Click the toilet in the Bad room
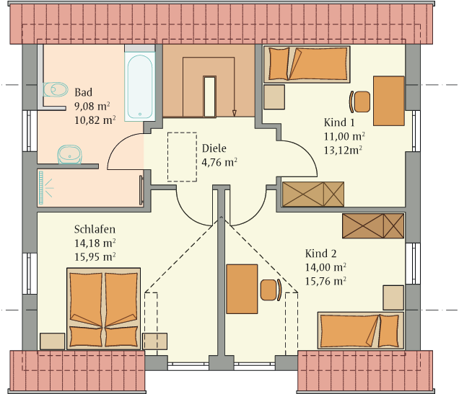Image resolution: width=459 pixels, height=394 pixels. click(x=56, y=89)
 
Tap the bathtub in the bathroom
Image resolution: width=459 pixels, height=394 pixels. click(x=139, y=86)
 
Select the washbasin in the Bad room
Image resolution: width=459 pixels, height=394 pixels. click(x=70, y=154)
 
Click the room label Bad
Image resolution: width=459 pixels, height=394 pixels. click(x=84, y=92)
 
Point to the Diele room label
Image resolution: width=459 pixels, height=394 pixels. click(x=214, y=148)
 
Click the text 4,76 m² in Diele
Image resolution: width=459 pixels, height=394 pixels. click(x=219, y=162)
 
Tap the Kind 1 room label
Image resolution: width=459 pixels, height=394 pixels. click(x=339, y=122)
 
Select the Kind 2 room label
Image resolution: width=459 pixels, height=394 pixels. click(x=321, y=254)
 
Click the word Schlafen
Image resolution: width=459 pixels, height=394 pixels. click(x=95, y=229)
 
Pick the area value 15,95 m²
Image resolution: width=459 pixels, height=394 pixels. click(x=95, y=257)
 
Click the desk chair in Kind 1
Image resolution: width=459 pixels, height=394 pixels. click(x=359, y=102)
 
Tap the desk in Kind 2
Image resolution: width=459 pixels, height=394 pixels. click(x=242, y=289)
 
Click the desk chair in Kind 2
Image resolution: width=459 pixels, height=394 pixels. click(x=271, y=290)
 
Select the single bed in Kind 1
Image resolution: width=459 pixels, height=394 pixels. click(x=307, y=64)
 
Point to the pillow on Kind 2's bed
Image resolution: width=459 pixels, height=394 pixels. click(x=389, y=331)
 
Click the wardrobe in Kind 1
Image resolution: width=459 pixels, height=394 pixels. click(x=313, y=194)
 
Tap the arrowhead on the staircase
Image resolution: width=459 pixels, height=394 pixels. click(x=234, y=113)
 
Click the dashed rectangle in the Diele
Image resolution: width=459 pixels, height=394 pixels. click(x=182, y=157)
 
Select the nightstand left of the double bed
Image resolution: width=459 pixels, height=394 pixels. click(x=53, y=341)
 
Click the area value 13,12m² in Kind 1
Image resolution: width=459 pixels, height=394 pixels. click(x=343, y=151)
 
